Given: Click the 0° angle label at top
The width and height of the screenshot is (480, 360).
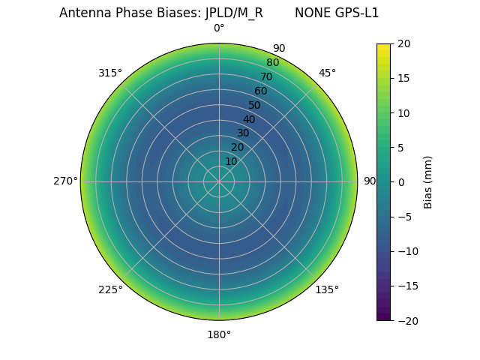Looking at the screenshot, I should tap(219, 28).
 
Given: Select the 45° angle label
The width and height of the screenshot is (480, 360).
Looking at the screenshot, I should tap(327, 73).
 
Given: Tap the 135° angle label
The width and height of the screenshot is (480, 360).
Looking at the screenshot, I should tap(327, 289).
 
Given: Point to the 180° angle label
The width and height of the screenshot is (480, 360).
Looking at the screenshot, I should tap(219, 334).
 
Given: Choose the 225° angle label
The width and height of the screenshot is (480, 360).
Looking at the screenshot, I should tap(110, 289).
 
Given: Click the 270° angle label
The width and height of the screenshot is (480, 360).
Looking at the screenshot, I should tap(65, 181).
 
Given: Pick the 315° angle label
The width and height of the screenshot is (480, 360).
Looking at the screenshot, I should tap(110, 73).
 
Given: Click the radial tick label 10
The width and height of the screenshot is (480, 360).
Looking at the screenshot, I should tap(231, 161).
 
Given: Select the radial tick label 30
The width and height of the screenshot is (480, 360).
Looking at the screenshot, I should tap(243, 133).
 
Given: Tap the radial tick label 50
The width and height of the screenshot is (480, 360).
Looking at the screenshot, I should tap(255, 105).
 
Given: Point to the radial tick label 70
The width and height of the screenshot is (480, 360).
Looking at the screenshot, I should tap(266, 76).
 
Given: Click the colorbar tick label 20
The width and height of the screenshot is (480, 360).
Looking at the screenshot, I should tap(403, 44).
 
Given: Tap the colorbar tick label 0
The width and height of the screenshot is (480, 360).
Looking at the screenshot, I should tap(400, 182).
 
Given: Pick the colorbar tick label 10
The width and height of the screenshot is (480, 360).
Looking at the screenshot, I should tap(403, 113).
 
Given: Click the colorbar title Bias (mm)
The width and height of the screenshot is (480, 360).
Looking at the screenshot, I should tap(428, 182).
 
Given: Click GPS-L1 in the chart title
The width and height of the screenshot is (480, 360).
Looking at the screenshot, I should tap(357, 13).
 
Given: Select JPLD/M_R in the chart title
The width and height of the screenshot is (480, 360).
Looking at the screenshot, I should tap(234, 13).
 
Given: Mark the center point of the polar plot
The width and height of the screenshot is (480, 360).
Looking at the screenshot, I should tap(219, 181).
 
